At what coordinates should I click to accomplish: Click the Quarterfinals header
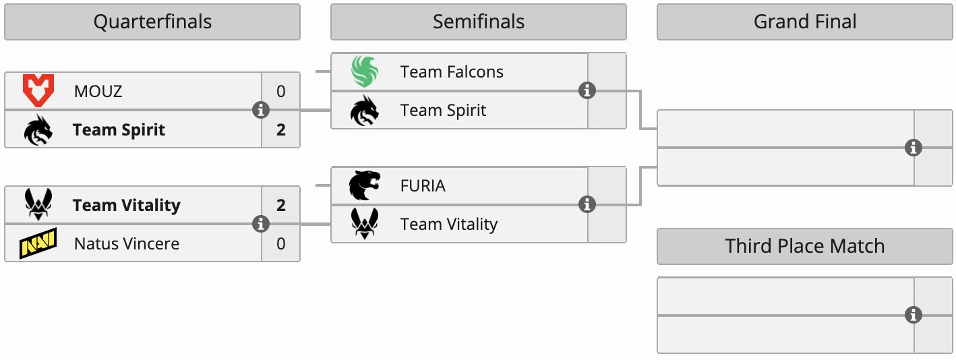point(152,22)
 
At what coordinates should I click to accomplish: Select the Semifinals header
point(478,22)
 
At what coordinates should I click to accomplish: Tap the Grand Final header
point(804,22)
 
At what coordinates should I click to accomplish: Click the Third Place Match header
point(804,246)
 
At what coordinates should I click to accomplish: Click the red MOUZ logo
point(38,91)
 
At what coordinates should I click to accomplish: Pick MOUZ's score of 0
point(280,91)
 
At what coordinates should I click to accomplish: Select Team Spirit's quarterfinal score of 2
point(280,129)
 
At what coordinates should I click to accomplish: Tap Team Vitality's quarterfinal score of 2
point(280,205)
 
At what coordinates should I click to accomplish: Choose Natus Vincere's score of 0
point(280,243)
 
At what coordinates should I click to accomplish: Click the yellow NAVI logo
point(38,243)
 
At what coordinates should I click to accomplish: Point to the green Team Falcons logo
point(365,72)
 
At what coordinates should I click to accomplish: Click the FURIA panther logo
point(365,185)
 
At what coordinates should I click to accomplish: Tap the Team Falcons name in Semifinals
point(452,72)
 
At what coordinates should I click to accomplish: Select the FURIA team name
point(423,185)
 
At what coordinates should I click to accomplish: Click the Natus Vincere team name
point(127,243)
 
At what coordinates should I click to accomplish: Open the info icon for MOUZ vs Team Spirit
point(261,110)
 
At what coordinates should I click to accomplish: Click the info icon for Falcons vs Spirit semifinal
point(587,90)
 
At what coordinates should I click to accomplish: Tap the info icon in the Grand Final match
point(914,148)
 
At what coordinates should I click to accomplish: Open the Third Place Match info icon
point(914,315)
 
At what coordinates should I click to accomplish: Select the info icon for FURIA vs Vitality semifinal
point(587,204)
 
